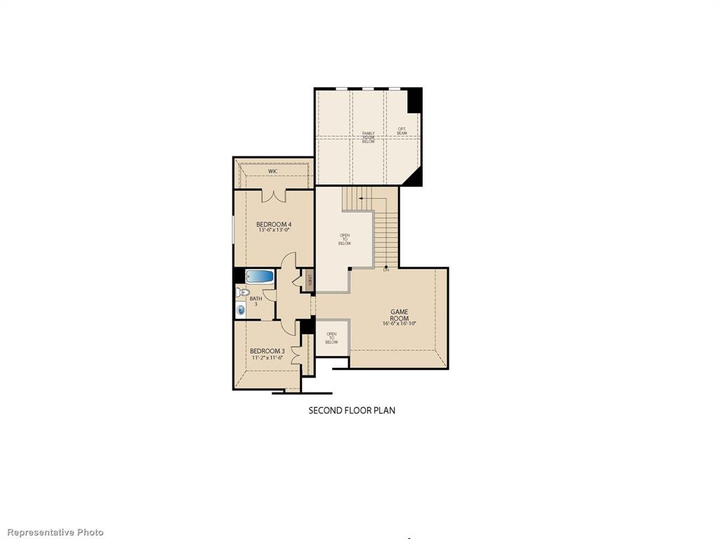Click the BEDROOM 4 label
point(273,224)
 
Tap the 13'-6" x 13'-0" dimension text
point(273,230)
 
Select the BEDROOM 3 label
point(267,351)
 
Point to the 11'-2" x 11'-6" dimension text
point(267,357)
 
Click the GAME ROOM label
point(400,314)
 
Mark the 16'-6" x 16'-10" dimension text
point(400,324)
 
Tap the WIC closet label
point(272,171)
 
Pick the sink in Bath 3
point(242,309)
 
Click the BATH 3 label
point(256,300)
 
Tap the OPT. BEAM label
point(402,131)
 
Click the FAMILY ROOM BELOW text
point(369,137)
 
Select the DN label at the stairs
point(385,270)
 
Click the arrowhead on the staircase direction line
point(360,199)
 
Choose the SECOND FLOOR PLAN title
point(352,410)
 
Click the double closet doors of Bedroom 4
point(272,196)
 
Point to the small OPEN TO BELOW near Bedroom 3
point(331,338)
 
